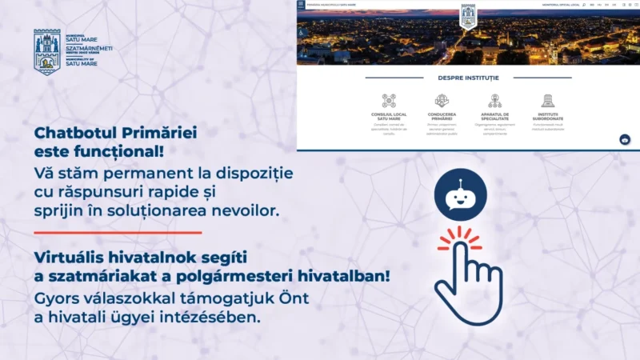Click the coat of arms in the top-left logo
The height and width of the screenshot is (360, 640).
coord(47,51)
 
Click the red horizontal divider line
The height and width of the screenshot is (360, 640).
coord(118,232)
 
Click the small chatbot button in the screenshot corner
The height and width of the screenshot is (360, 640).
coord(625,139)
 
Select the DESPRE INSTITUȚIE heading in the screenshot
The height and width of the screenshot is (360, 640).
coord(468,78)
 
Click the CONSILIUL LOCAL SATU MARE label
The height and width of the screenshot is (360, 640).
coord(389,117)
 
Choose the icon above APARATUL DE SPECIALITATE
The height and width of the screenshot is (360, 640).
coord(495,100)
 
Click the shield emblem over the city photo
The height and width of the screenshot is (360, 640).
coord(468,16)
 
